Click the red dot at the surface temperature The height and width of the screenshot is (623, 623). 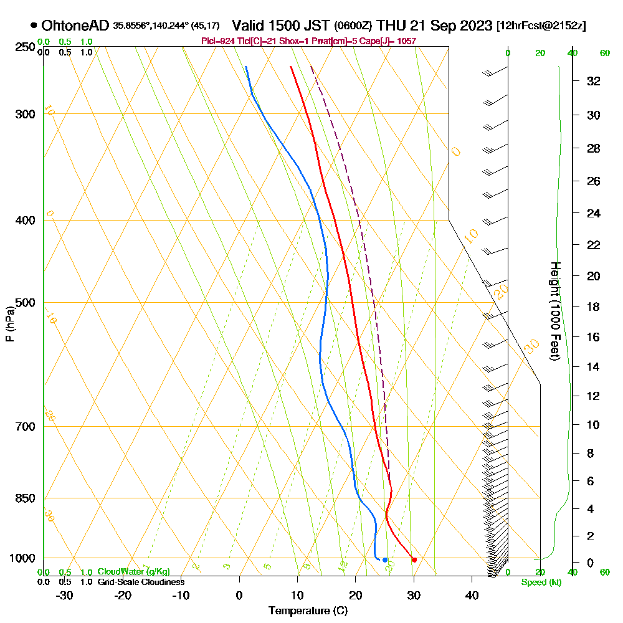tap(414, 559)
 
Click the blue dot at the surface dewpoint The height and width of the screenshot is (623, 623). tap(385, 559)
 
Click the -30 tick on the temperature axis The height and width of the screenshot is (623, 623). tap(65, 595)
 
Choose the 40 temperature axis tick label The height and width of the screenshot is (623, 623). tap(472, 595)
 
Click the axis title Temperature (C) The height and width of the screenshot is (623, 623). tap(308, 611)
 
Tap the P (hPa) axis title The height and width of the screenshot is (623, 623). tap(9, 323)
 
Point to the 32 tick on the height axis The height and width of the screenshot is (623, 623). tap(594, 81)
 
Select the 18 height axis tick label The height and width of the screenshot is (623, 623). tap(594, 307)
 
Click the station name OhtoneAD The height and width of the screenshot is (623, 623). tap(75, 26)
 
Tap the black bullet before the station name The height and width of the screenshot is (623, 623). tap(33, 26)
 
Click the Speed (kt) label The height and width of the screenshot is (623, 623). tap(540, 582)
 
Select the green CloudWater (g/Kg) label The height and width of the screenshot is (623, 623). tap(133, 571)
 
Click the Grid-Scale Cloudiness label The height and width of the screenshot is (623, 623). tap(140, 581)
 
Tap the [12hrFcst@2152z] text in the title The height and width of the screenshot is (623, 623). tap(541, 26)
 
